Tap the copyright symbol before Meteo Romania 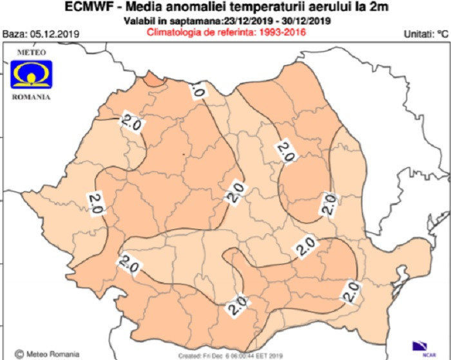pyautogui.click(x=19, y=353)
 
